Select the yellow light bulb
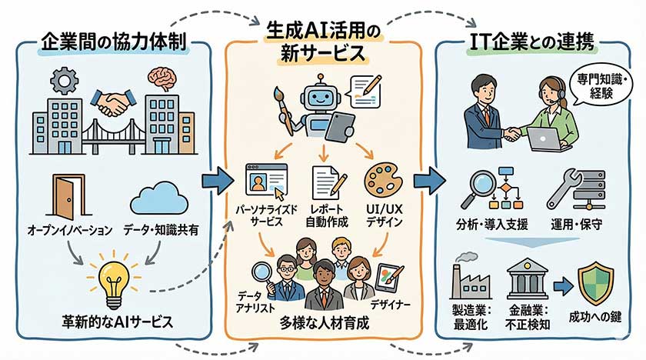click(x=113, y=281)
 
